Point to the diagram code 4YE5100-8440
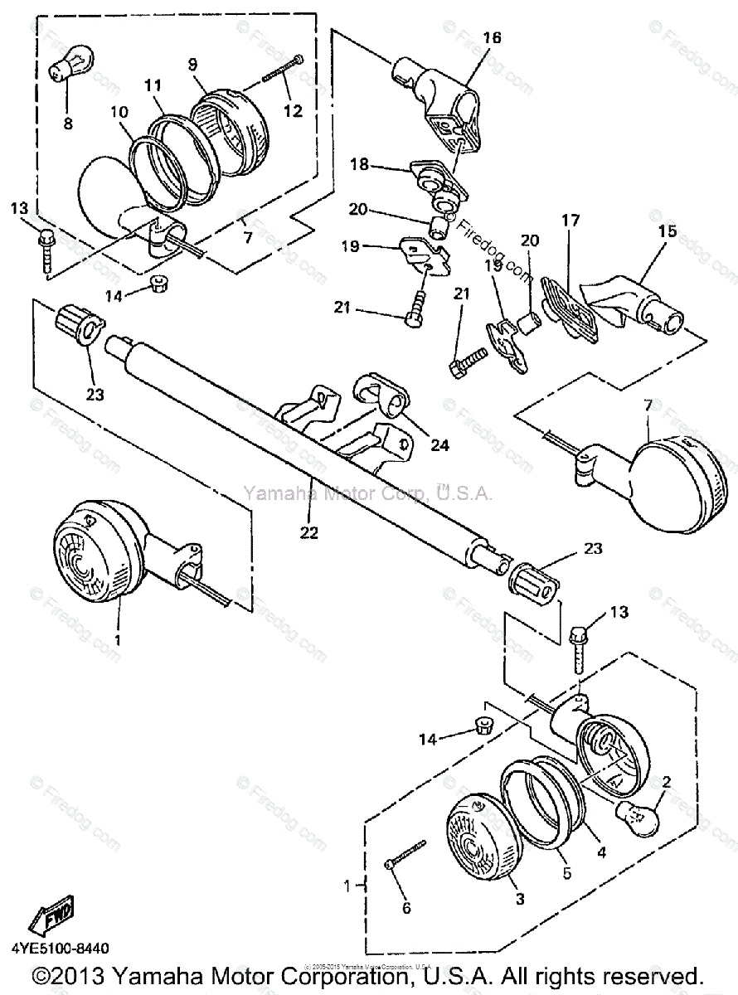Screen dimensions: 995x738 (x=60, y=948)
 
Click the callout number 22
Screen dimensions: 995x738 (x=308, y=532)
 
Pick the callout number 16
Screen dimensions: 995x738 (x=492, y=38)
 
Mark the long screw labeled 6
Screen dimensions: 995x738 (x=405, y=854)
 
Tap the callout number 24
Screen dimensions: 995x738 (x=439, y=445)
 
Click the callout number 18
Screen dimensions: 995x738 (x=359, y=166)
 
